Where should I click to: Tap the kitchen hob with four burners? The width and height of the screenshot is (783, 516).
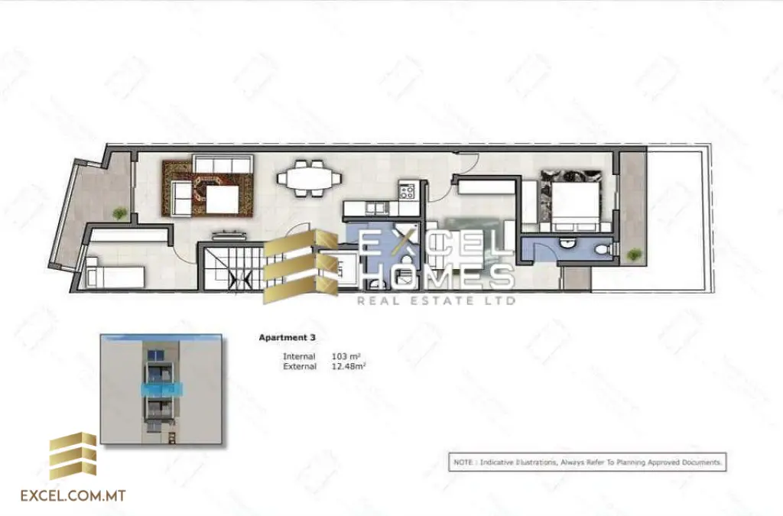[x=407, y=190]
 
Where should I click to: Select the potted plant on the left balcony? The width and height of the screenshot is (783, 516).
[x=119, y=213]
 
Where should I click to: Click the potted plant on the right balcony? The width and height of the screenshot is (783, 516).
[x=632, y=255]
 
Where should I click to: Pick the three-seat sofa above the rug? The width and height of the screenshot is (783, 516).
[x=222, y=164]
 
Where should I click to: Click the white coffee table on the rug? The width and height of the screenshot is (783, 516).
[x=223, y=201]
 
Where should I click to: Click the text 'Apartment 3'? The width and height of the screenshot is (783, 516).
[x=287, y=337]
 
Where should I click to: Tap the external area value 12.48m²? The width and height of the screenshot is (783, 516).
[x=349, y=367]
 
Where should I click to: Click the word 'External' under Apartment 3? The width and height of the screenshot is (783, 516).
[x=300, y=367]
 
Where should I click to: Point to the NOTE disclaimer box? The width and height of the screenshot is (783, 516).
[x=586, y=462]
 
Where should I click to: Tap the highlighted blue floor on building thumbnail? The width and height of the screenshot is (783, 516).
[x=161, y=389]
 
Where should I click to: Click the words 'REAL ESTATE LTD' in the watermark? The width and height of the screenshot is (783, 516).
[x=436, y=300]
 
